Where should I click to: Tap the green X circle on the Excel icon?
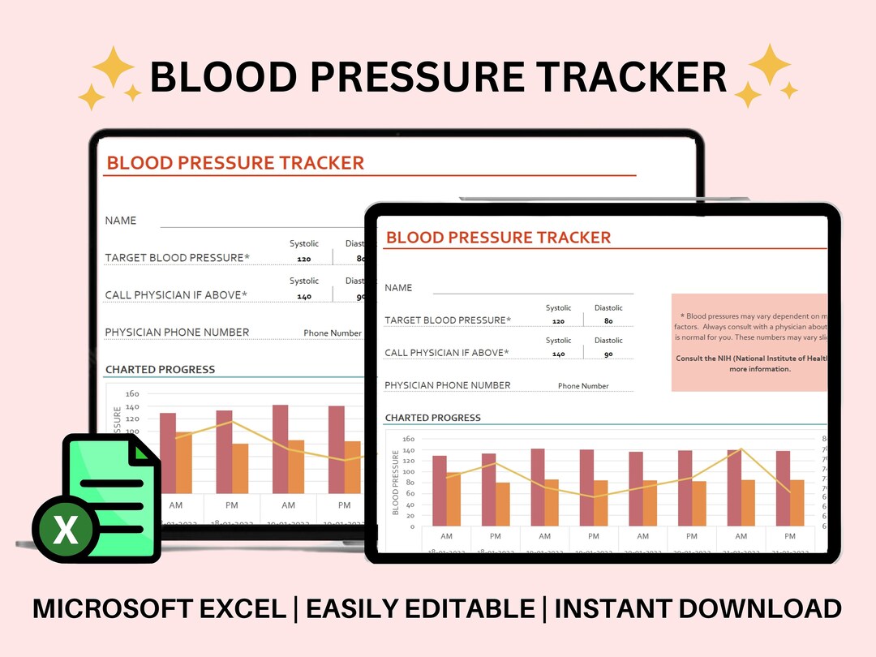pyautogui.click(x=65, y=530)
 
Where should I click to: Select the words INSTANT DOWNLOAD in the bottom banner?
pyautogui.click(x=698, y=608)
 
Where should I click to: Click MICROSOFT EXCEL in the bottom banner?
pyautogui.click(x=158, y=608)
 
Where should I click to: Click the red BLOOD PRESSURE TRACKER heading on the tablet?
pyautogui.click(x=498, y=238)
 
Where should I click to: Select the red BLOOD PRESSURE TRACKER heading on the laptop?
pyautogui.click(x=235, y=163)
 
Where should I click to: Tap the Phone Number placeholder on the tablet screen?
pyautogui.click(x=583, y=386)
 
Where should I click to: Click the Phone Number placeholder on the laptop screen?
pyautogui.click(x=333, y=333)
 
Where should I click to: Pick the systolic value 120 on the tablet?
pyautogui.click(x=558, y=321)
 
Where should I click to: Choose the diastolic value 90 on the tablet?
pyautogui.click(x=608, y=354)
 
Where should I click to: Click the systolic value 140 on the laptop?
pyautogui.click(x=304, y=297)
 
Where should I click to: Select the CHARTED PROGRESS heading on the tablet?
pyautogui.click(x=432, y=418)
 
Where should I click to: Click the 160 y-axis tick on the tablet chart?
pyautogui.click(x=408, y=440)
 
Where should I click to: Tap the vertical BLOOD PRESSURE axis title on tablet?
pyautogui.click(x=396, y=483)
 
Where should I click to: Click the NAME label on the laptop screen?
pyautogui.click(x=121, y=221)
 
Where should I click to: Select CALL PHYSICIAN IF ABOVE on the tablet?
pyautogui.click(x=446, y=353)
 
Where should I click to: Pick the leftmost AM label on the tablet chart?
pyautogui.click(x=446, y=536)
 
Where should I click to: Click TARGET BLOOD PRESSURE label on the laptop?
pyautogui.click(x=178, y=258)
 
